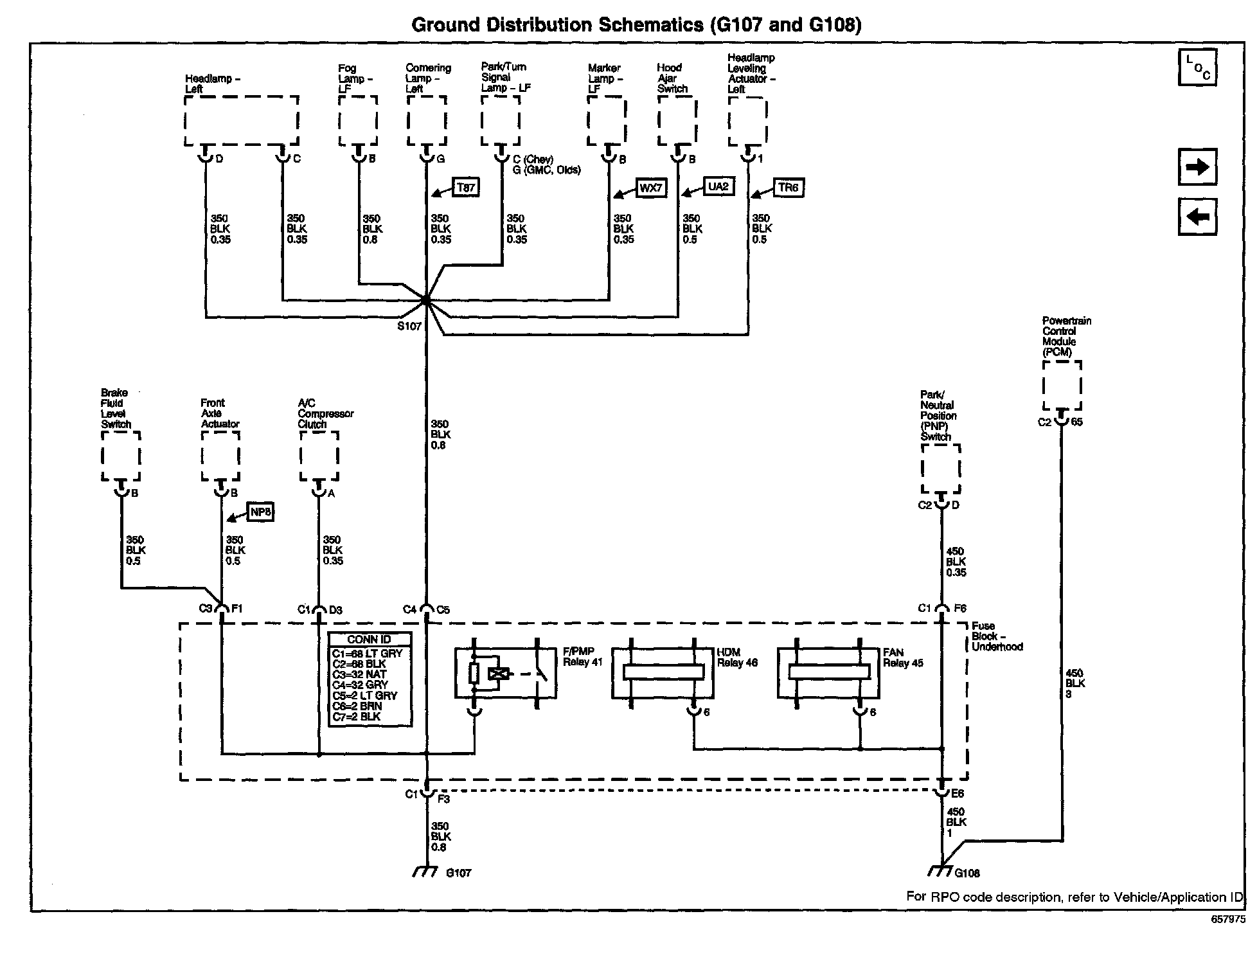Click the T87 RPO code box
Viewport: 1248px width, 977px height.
(466, 187)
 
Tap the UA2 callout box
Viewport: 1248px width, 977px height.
(718, 186)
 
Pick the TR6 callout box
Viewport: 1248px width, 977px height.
(788, 187)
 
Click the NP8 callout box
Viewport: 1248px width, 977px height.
(261, 512)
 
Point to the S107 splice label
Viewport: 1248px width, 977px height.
(409, 326)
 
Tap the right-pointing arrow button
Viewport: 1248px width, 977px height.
(1197, 167)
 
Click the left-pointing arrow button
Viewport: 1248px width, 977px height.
(1197, 217)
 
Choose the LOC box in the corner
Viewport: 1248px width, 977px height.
(1197, 67)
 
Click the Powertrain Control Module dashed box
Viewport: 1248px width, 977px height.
(1062, 385)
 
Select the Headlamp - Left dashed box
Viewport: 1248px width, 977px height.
(242, 121)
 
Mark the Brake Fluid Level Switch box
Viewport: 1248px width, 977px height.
(121, 456)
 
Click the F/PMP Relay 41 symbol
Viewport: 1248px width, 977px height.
(505, 673)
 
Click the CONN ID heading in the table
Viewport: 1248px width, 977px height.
(369, 640)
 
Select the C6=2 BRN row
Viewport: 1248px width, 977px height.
(357, 706)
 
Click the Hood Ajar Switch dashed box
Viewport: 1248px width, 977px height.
(677, 121)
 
